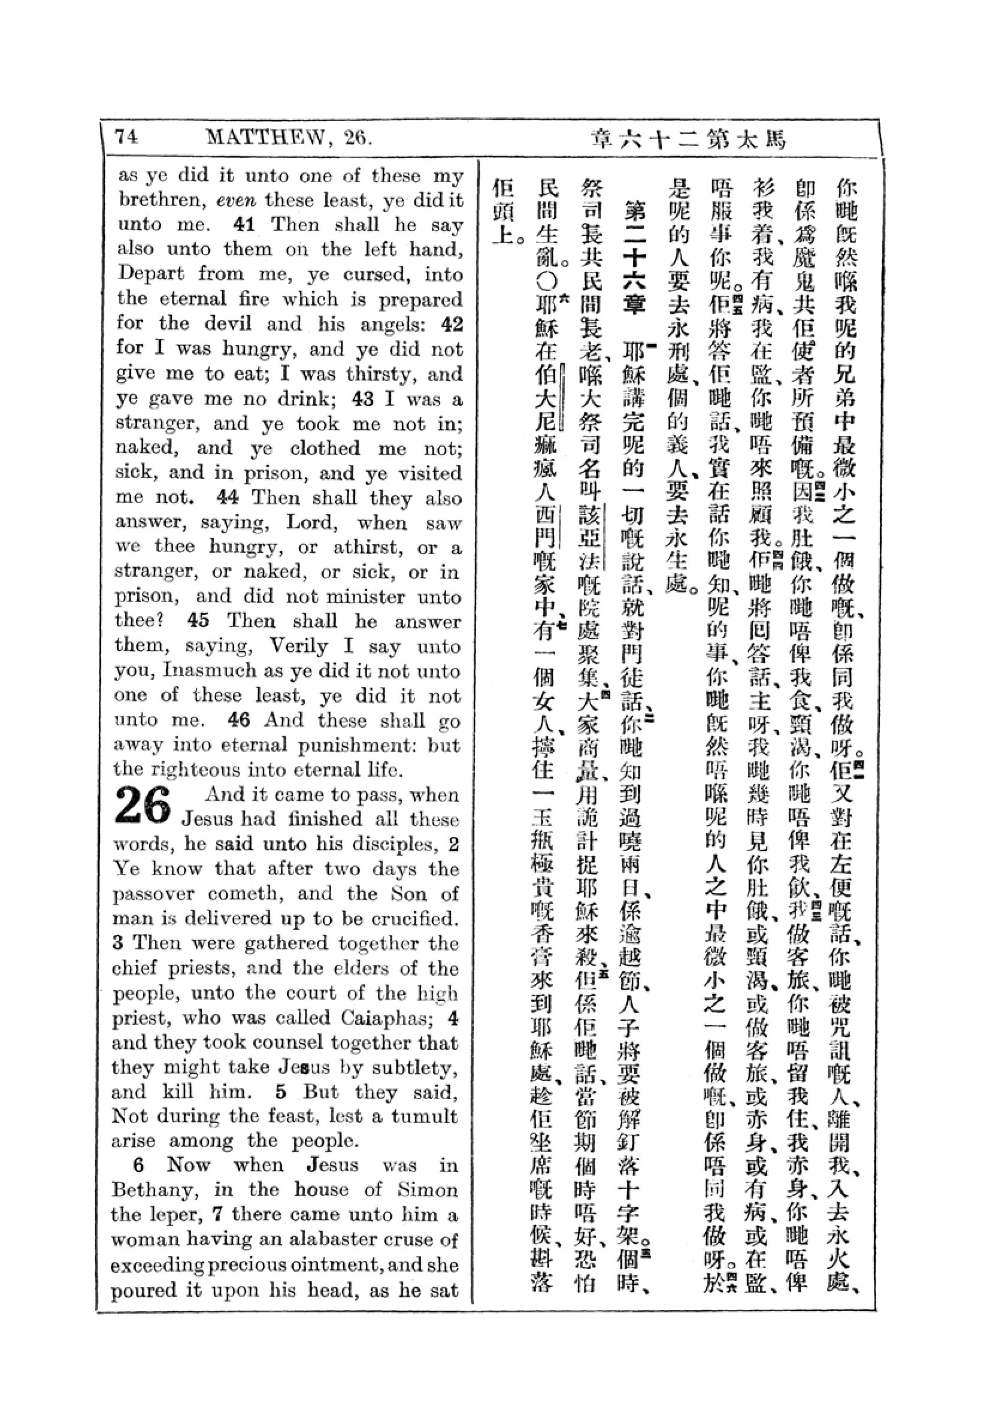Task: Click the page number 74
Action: [x=127, y=137]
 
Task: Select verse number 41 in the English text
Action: [x=244, y=225]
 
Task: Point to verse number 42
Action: [x=452, y=323]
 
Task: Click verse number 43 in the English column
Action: [x=363, y=399]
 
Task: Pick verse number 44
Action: [x=228, y=498]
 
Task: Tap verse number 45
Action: [x=198, y=621]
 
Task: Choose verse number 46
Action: [x=238, y=720]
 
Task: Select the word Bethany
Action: [x=155, y=1191]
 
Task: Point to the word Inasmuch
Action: [x=210, y=671]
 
